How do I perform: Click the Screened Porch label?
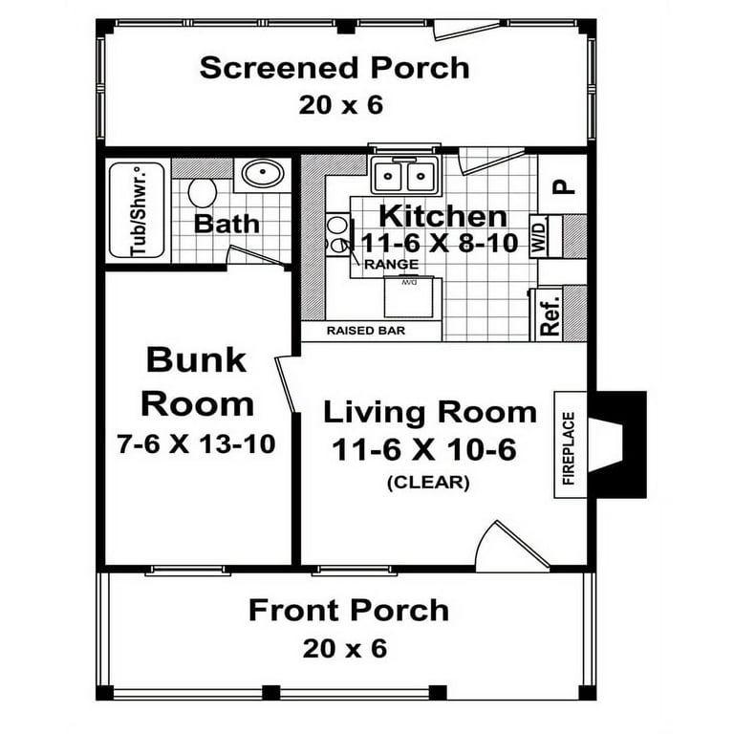335,69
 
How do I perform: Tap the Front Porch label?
348,610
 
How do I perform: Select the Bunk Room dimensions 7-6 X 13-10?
197,443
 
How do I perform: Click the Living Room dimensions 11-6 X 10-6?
423,449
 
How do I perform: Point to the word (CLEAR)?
427,483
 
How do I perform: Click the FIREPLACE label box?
569,448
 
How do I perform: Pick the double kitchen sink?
405,176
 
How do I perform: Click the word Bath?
227,225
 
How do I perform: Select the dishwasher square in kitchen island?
409,296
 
